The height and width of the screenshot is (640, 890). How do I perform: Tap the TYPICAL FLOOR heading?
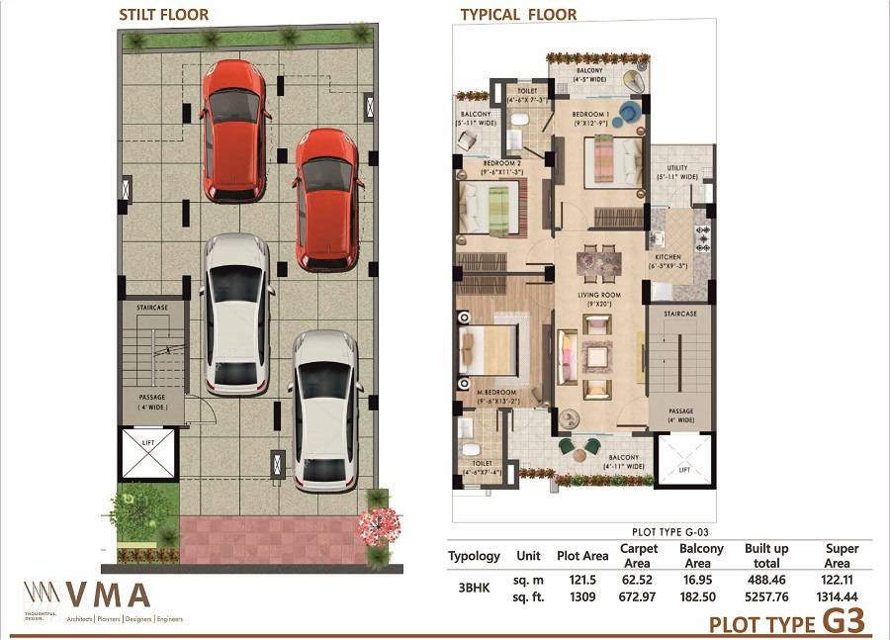518,15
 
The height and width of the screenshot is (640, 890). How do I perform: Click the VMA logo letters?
108,595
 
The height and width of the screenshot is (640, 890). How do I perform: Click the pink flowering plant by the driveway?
379,524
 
